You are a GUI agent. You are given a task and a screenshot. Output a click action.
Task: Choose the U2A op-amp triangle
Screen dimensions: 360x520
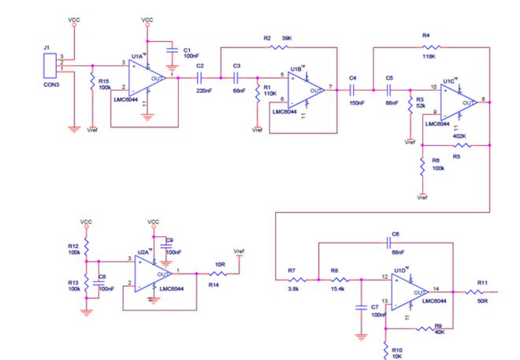pyautogui.click(x=152, y=273)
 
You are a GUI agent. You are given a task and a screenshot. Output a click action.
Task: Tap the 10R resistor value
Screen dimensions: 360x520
pyautogui.click(x=221, y=265)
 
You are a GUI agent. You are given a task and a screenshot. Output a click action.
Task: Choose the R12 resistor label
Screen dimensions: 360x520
pyautogui.click(x=73, y=245)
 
